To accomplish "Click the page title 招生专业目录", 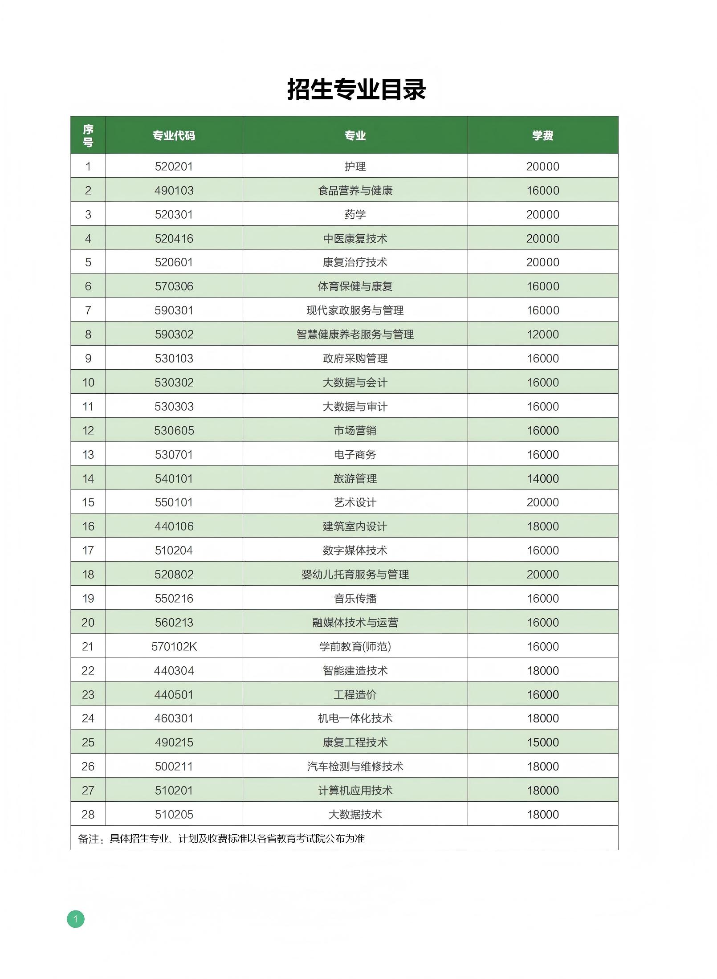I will (356, 89).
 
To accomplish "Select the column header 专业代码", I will (174, 135).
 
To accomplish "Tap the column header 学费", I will (542, 135).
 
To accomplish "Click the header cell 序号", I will (88, 135).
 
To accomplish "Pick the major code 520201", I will (174, 167).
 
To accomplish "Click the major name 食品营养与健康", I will (355, 191).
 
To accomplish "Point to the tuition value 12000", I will (542, 334).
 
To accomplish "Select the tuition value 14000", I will (542, 479).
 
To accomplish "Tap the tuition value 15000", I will (542, 742).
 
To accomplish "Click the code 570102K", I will (174, 647).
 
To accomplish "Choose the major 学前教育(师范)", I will (355, 647).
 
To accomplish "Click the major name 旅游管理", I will (355, 479).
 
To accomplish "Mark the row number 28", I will (88, 815).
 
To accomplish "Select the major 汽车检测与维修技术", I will (355, 767).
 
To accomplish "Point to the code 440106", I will (174, 526).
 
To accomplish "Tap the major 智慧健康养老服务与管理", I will (355, 334).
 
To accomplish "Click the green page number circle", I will (76, 919).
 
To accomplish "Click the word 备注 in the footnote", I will (89, 839).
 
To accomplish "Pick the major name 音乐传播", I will (355, 599).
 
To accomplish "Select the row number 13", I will (88, 455).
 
